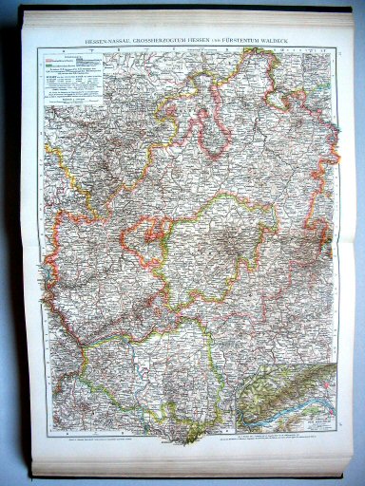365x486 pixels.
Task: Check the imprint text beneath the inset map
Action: [285, 439]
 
